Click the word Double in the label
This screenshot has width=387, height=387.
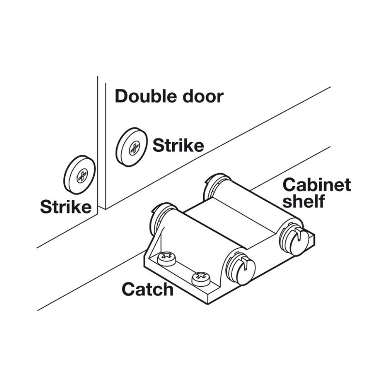(147, 96)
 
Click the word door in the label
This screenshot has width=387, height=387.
(203, 96)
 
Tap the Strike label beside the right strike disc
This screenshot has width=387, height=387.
(178, 146)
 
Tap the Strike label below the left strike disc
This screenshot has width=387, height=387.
(66, 207)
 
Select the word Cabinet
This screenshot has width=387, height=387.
(317, 185)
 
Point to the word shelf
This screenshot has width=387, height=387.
(303, 201)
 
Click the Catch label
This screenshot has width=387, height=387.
(148, 289)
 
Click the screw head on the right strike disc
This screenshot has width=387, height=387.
(134, 148)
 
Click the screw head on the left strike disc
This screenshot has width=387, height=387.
(82, 176)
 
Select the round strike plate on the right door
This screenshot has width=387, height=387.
(132, 147)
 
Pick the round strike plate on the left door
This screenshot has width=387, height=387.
(79, 175)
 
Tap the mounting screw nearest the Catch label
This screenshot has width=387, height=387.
(201, 279)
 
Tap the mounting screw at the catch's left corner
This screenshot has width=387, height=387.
(167, 258)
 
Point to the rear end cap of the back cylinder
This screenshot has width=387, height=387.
(214, 184)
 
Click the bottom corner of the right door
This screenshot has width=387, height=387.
(105, 209)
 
